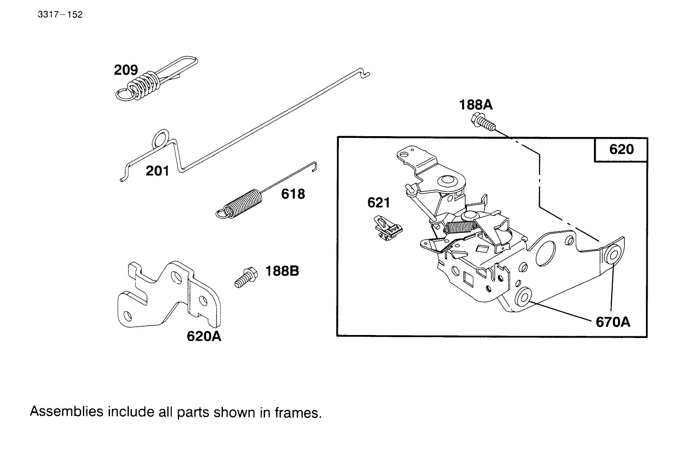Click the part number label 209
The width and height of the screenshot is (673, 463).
pos(126,70)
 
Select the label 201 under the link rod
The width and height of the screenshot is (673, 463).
pos(157,171)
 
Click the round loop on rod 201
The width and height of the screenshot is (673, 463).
pos(160,138)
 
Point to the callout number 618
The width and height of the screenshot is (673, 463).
pos(293,194)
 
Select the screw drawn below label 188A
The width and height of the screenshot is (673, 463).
pos(483,122)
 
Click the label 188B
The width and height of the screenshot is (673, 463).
pos(282,271)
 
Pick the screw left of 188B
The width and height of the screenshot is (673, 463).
pos(245,277)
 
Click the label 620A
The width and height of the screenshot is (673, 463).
pos(204,336)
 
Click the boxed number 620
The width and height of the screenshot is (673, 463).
pos(621,149)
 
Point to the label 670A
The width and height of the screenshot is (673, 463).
pos(613,322)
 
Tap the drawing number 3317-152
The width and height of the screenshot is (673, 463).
pos(60,15)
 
